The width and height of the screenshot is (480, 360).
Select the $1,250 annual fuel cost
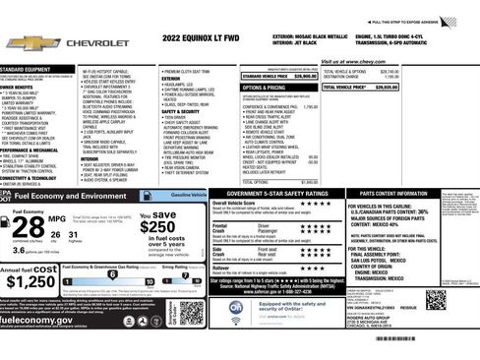click(29, 282)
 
